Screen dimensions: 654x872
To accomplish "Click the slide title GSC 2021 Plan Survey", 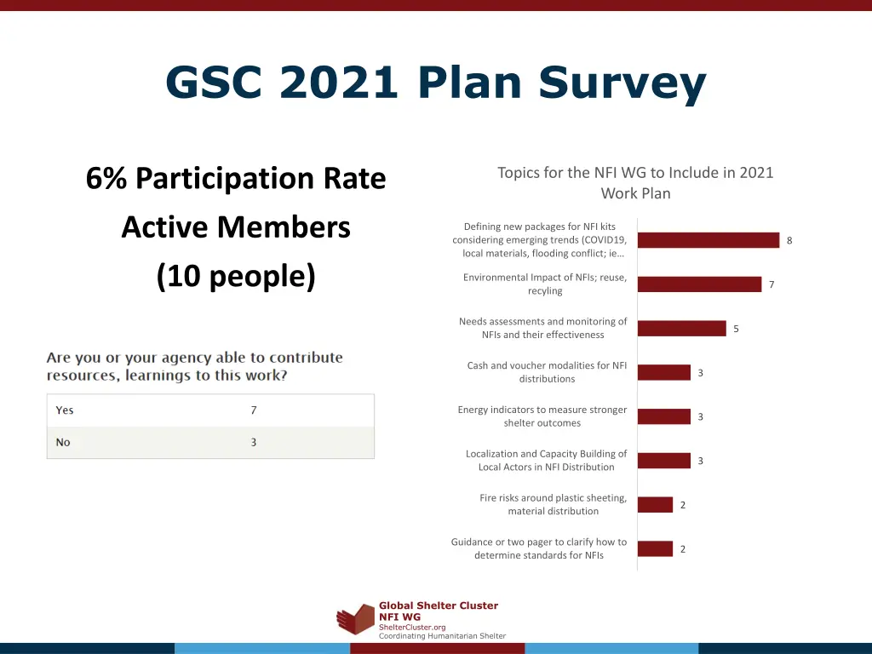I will [435, 83].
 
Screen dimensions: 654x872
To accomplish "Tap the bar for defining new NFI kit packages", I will [708, 240].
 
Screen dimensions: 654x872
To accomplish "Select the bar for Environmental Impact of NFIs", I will [699, 284].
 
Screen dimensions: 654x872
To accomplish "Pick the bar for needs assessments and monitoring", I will [681, 329].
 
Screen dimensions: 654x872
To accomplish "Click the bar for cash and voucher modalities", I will [663, 373].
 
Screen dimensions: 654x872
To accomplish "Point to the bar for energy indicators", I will [663, 416].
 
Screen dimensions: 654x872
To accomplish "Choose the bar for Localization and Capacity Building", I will [663, 461].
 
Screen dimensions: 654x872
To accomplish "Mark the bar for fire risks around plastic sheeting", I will [655, 505].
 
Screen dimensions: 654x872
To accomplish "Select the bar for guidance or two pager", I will [655, 549].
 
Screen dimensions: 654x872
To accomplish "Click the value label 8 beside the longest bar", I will [789, 240].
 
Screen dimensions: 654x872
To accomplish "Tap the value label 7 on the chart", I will [772, 284].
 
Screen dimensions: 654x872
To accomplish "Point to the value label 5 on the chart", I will [736, 329].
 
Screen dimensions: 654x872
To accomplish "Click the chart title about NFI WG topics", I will [635, 183].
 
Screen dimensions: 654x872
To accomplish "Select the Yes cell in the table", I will [65, 410].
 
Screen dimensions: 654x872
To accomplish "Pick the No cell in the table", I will [63, 443].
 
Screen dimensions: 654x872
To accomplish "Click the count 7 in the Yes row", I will [253, 410].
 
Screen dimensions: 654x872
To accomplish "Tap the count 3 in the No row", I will [253, 443].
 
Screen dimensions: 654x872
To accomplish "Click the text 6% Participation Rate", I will [236, 179].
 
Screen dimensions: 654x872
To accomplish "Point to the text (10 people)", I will [236, 277].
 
